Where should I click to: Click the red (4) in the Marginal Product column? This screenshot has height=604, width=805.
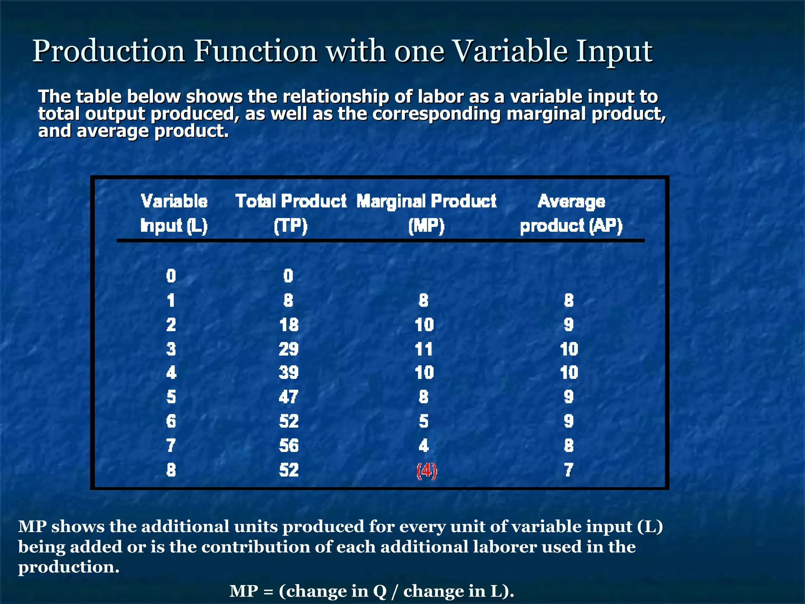coord(426,471)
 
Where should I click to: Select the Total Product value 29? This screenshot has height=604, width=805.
coord(289,349)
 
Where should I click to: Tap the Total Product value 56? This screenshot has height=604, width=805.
coord(289,446)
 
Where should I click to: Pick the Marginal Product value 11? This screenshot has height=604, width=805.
coord(424,349)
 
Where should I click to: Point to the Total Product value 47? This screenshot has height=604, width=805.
coord(289,397)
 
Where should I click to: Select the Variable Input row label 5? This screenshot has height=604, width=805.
coord(171,397)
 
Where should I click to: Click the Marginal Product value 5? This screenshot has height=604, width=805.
coord(424,422)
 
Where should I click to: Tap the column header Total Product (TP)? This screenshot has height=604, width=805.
coord(291,214)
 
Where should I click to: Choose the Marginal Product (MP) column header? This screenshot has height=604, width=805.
coord(426,214)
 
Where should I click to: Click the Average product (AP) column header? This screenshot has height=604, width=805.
coord(571,214)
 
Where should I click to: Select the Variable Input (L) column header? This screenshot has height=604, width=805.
coord(174,214)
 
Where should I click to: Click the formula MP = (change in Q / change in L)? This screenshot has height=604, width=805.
coord(371,591)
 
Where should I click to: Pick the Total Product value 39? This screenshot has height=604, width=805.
coord(289,373)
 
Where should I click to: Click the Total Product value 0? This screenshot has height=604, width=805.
coord(288,276)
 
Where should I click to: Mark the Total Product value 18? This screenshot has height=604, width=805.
coord(289,325)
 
